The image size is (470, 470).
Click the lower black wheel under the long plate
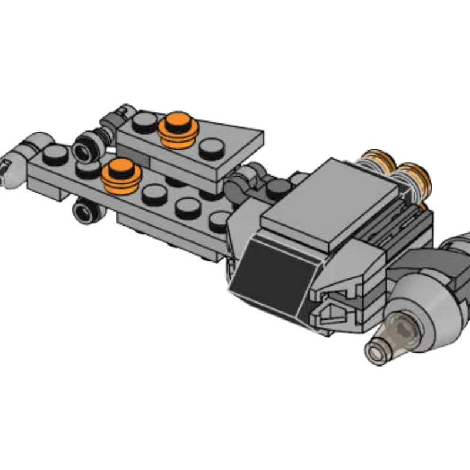pos(86,211)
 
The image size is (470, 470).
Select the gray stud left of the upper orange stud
pos(144,122)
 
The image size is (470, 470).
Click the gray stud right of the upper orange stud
pos(211,147)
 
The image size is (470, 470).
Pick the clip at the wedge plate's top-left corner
pos(123,112)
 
